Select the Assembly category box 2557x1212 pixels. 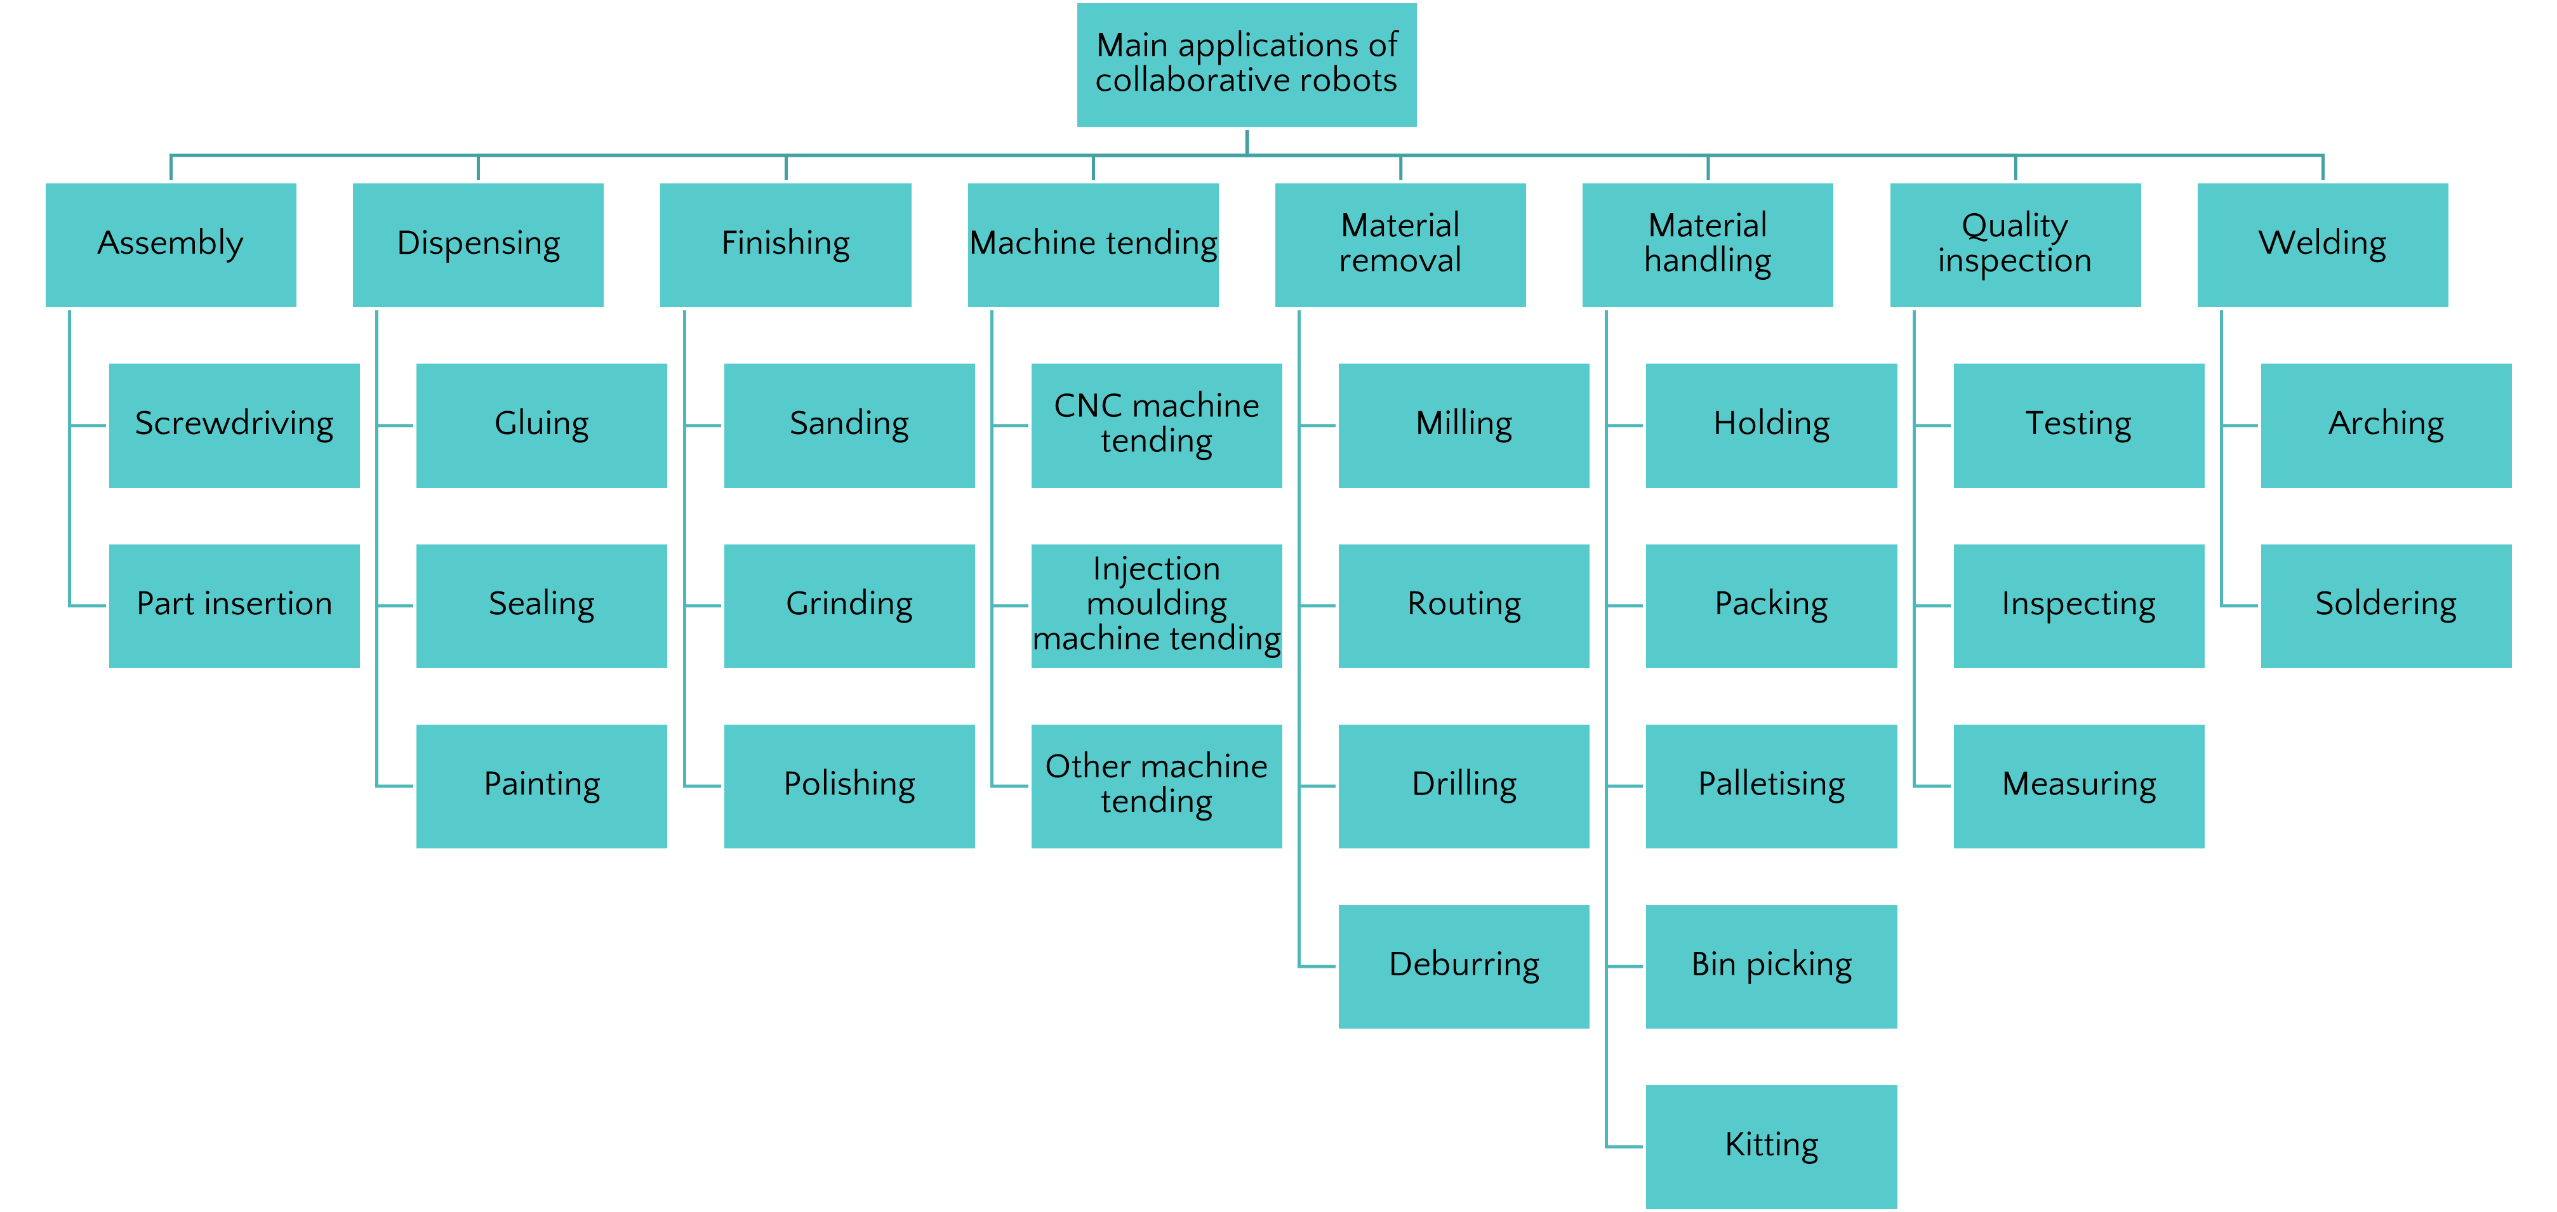point(171,244)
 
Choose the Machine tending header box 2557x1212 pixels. point(1093,244)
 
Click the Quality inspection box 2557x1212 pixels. point(2015,244)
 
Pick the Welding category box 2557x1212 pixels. point(2321,244)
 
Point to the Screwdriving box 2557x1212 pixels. point(234,425)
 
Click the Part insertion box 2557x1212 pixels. point(234,605)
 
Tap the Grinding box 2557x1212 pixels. point(849,605)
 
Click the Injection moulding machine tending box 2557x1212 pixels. point(1157,605)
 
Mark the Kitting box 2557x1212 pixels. point(1772,1145)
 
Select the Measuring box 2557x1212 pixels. point(2078,785)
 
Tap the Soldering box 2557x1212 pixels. point(2386,605)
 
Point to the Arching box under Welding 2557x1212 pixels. point(2386,425)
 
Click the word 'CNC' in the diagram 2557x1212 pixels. point(1087,406)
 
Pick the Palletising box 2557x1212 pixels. point(1772,785)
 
